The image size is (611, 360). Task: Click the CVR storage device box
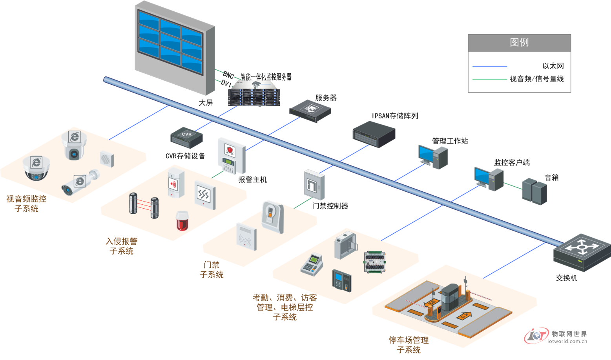[186, 138]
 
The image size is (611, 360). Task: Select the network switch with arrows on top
[582, 253]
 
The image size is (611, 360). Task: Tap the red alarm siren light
[182, 221]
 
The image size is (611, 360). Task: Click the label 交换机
[566, 278]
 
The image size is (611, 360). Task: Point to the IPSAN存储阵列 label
[395, 116]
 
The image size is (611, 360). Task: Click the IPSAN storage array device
[374, 134]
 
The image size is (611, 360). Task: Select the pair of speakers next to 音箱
[534, 191]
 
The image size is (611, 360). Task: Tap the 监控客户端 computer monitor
[482, 176]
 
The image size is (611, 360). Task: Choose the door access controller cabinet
[314, 185]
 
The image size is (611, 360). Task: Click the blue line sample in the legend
[489, 66]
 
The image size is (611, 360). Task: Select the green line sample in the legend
[489, 79]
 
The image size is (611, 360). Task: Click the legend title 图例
[519, 42]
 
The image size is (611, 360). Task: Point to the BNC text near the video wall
[228, 75]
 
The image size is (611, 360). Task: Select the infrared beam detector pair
[144, 205]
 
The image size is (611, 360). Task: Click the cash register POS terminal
[312, 264]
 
